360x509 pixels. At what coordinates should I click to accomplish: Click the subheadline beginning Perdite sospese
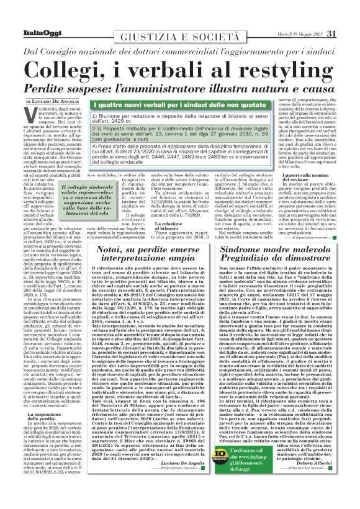[x=180, y=86]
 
